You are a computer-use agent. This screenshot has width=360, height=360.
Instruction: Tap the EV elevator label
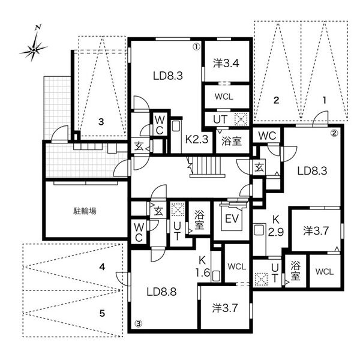[232, 218]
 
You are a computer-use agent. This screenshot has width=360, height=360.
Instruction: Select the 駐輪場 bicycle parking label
[85, 211]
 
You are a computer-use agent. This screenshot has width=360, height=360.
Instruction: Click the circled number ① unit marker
[196, 47]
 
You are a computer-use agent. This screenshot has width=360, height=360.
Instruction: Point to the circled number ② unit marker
[334, 133]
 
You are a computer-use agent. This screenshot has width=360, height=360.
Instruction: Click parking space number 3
[101, 122]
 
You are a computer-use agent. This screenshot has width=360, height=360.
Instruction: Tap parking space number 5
[102, 313]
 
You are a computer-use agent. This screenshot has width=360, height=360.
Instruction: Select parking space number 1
[325, 100]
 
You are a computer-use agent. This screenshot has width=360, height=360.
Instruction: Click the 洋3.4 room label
[226, 64]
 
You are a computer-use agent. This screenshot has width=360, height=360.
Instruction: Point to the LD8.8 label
[161, 292]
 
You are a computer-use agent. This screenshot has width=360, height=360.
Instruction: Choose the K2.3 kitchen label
[197, 139]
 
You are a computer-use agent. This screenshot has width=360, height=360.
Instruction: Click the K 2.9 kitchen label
[276, 226]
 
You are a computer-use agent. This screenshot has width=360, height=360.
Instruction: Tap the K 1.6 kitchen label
[203, 267]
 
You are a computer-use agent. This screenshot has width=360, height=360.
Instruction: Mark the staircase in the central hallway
[206, 167]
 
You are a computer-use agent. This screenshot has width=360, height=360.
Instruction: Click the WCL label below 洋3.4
[224, 97]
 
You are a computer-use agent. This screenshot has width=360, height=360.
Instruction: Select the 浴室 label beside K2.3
[232, 141]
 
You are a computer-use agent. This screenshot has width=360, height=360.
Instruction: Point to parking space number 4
[102, 267]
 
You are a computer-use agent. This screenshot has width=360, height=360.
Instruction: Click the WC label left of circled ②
[267, 136]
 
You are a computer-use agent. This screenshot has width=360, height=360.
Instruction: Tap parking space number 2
[276, 100]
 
